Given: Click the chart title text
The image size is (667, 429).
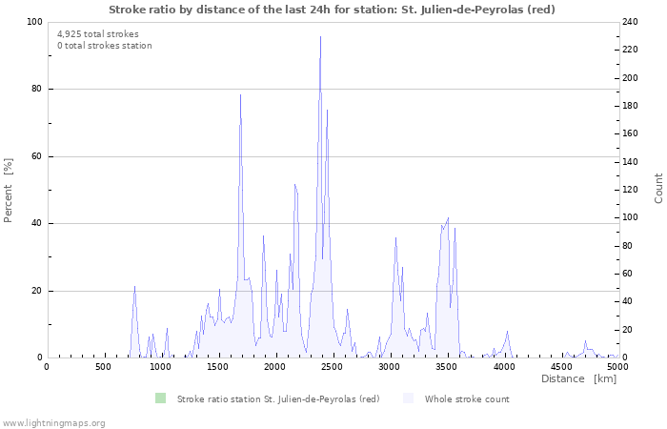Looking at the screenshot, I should coord(332,9).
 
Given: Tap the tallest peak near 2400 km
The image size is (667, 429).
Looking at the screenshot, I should coord(320,38).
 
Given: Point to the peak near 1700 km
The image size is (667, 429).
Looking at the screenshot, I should coord(240,95).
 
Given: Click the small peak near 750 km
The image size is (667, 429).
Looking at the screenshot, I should coord(134,287).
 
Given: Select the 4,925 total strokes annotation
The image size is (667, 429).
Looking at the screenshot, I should coord(97,34).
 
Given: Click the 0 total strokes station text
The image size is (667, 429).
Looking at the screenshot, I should coord(104,46).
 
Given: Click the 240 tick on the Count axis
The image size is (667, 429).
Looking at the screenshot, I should coord(631,22).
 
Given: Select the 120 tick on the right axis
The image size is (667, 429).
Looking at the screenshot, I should coord(631,190).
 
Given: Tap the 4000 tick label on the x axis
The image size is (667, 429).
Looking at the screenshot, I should coord(503,366).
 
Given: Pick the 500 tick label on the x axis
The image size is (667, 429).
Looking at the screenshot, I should coord(103,366).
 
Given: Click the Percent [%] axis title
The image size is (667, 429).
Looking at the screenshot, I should coord(9,190).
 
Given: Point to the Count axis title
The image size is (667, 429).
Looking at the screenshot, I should coord(658,188).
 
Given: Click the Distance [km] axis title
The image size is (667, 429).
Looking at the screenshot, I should coord(578,379).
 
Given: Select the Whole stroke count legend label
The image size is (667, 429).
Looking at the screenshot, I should coord(467,398).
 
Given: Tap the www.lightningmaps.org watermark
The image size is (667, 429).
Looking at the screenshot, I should coord(53,422).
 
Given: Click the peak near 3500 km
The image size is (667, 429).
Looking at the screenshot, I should coord(447,218).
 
